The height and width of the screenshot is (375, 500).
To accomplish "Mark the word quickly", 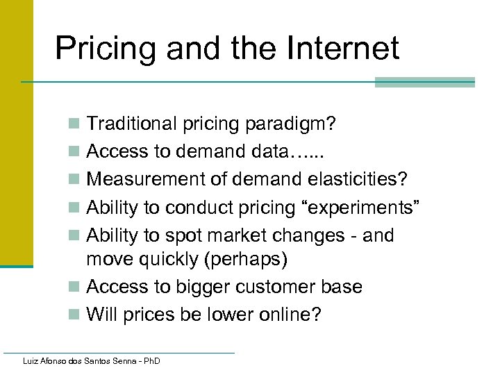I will (x=178, y=259).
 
